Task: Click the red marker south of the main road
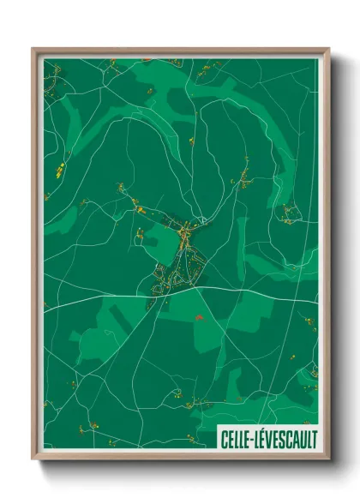tap(199, 317)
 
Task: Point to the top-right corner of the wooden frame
tap(328, 50)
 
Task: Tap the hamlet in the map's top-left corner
tap(53, 86)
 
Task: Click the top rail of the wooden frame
tap(180, 50)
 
